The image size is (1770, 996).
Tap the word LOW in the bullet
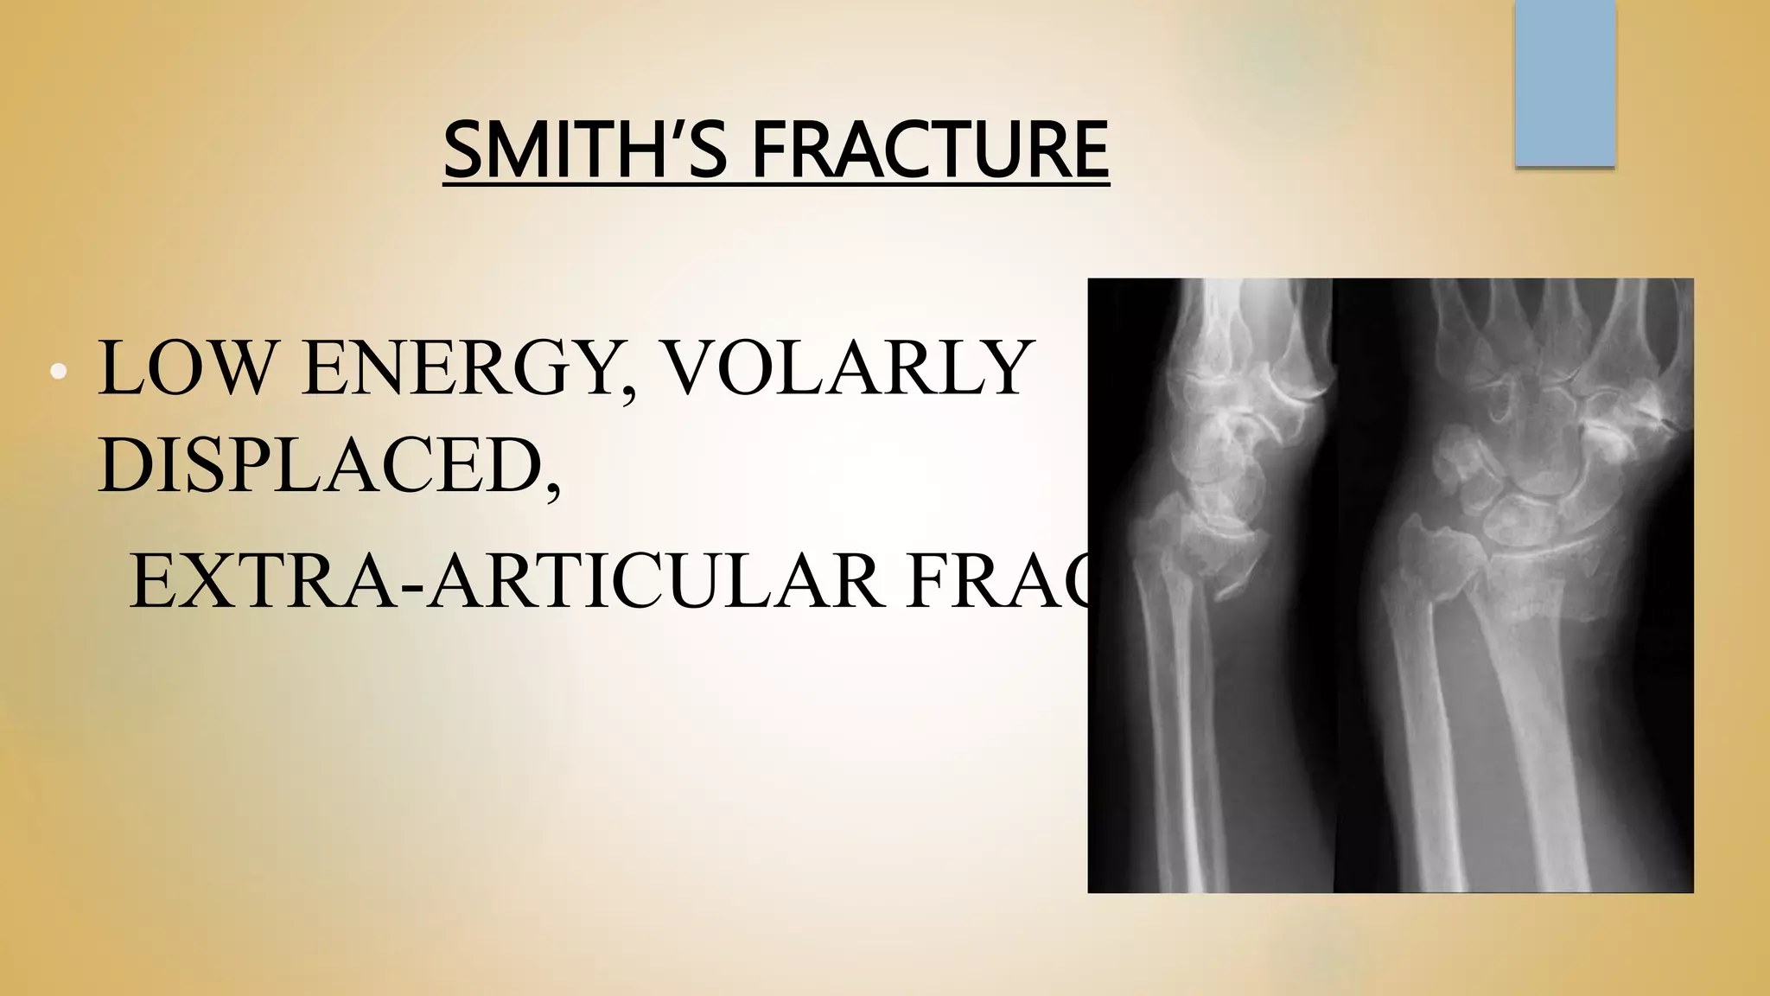point(192,369)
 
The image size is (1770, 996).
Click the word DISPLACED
point(320,468)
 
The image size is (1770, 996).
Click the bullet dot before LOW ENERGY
point(58,372)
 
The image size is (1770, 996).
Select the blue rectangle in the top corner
point(1564,83)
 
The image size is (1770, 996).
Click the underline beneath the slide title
point(776,182)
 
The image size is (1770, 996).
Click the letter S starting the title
point(464,150)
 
